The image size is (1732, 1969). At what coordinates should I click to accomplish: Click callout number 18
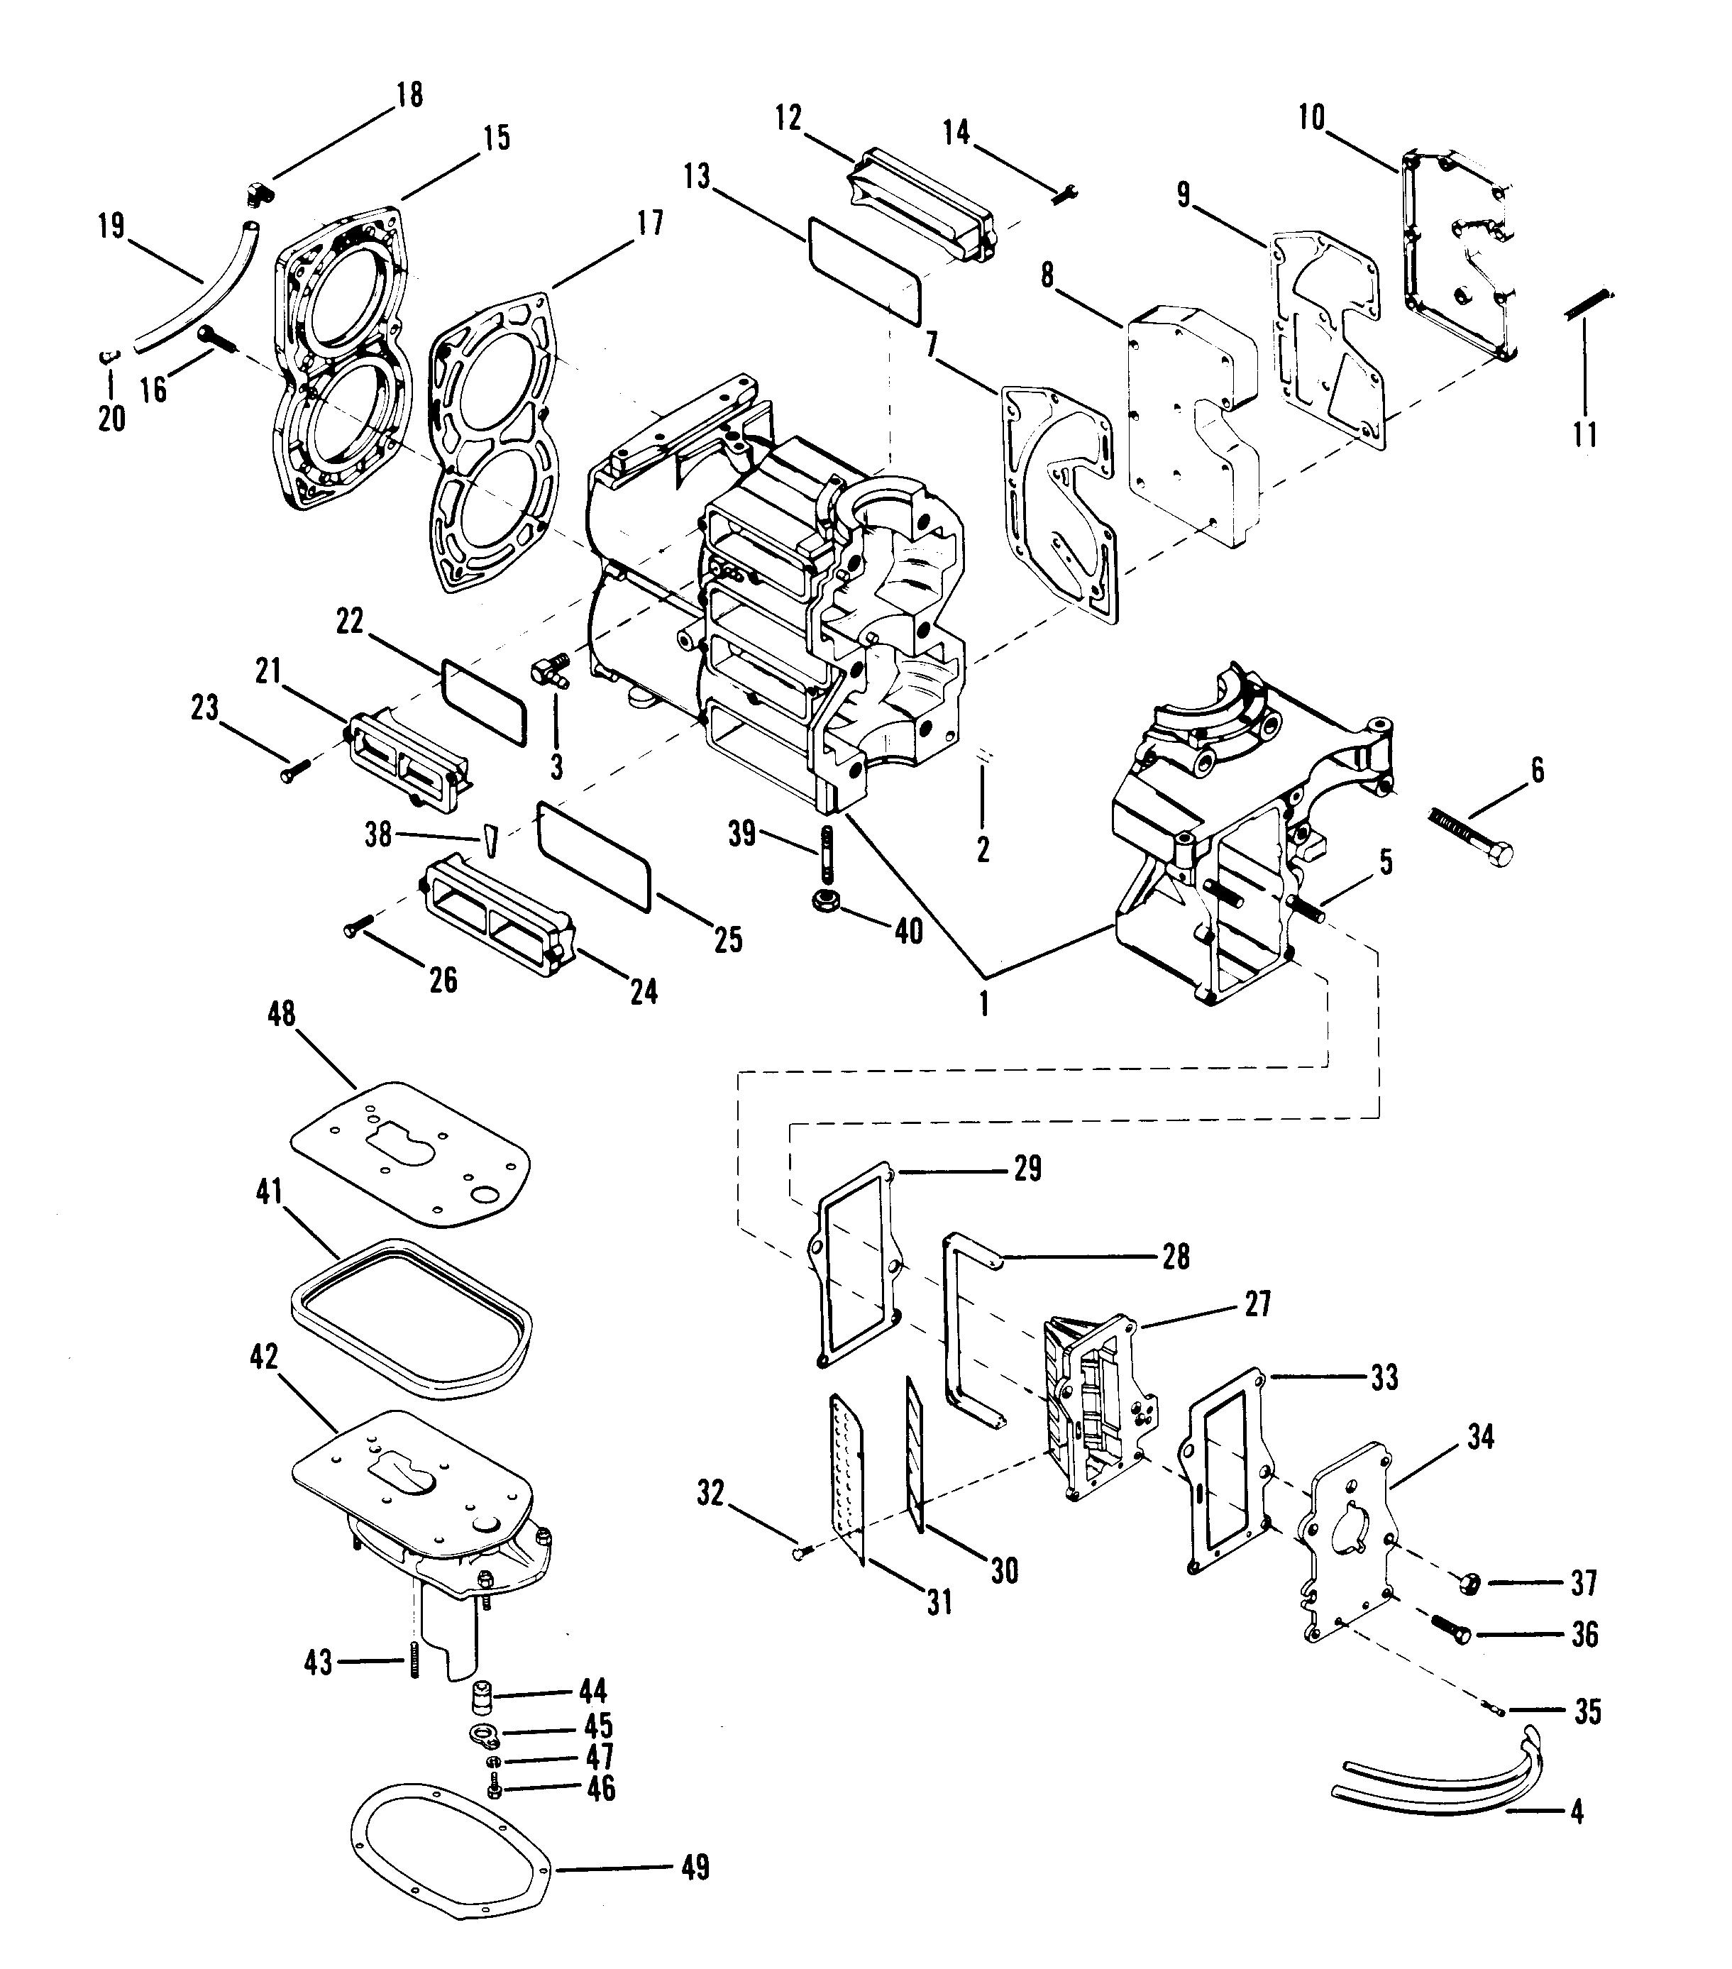click(x=409, y=94)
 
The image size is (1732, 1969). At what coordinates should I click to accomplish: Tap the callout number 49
click(x=695, y=1868)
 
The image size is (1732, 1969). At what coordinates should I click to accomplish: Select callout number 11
click(x=1584, y=434)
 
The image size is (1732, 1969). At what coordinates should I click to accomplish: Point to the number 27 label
click(x=1257, y=1304)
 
